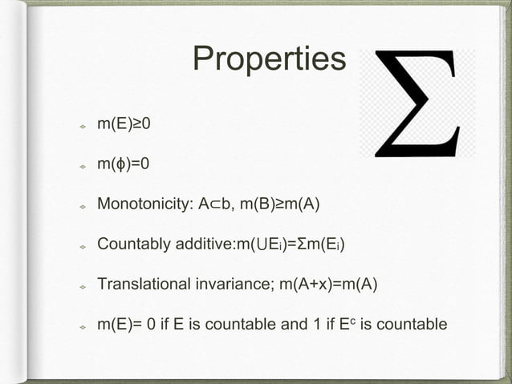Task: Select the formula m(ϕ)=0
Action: [124, 164]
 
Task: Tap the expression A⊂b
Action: [218, 204]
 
